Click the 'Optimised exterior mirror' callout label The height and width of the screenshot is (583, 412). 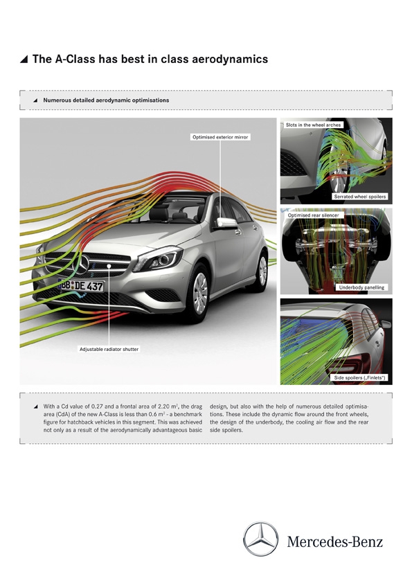tap(220, 137)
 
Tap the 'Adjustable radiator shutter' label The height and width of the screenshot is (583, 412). tap(109, 349)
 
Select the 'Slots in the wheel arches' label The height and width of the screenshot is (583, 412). tap(313, 125)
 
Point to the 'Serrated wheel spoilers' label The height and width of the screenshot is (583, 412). tap(360, 197)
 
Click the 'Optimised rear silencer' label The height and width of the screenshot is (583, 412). tap(313, 215)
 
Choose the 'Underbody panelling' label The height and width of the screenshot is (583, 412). tap(361, 287)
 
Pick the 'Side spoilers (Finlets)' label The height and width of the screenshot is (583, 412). tap(360, 378)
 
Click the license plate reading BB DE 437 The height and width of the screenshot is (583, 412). tap(81, 285)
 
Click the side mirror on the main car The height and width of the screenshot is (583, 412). tap(226, 223)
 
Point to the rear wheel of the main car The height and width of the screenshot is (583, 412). tap(262, 271)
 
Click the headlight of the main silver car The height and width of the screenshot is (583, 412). tap(159, 259)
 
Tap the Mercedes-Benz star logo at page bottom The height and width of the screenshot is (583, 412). tap(260, 539)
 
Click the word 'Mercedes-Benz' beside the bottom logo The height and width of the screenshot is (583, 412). tap(334, 541)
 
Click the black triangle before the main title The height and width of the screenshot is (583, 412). tap(24, 59)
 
